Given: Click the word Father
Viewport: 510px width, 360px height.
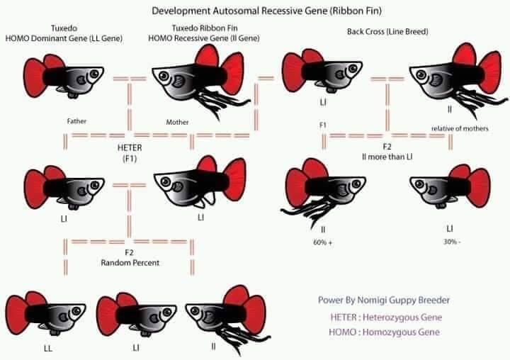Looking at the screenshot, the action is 76,121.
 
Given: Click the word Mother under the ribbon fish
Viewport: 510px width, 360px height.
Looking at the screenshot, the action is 177,122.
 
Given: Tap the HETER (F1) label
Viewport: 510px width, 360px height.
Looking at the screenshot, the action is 130,153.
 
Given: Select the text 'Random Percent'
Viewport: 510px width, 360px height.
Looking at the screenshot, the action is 130,263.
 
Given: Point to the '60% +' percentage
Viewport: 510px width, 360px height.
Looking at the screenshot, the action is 323,242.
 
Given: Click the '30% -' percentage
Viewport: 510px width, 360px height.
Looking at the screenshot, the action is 452,242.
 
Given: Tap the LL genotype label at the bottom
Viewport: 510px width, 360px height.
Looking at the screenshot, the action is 48,349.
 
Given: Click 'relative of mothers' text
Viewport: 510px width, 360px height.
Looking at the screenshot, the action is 460,128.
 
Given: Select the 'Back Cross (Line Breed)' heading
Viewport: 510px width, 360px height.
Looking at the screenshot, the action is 387,32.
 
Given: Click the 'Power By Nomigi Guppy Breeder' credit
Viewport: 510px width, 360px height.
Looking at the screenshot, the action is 384,300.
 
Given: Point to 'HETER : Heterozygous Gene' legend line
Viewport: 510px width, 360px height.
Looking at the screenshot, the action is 386,317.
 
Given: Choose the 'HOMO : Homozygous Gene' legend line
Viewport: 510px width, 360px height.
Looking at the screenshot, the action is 384,332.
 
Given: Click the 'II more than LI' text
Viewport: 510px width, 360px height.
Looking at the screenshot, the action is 387,157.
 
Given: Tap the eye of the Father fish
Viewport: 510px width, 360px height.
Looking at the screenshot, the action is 94,74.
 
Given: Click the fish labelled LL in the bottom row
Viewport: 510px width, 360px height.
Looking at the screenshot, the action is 46,314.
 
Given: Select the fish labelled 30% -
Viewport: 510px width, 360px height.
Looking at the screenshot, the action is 450,186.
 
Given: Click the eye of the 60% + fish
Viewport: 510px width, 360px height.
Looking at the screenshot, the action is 356,184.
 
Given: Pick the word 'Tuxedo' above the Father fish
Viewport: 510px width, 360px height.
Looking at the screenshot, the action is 64,28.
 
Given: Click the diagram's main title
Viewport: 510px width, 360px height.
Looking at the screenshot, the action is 266,11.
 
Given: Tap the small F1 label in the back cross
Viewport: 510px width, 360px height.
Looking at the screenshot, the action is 323,125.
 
